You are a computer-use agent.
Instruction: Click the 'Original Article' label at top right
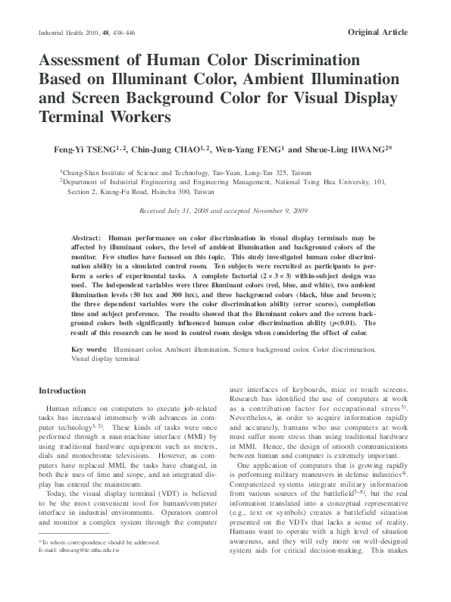tap(377, 33)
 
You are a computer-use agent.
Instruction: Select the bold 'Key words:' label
tap(89, 350)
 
